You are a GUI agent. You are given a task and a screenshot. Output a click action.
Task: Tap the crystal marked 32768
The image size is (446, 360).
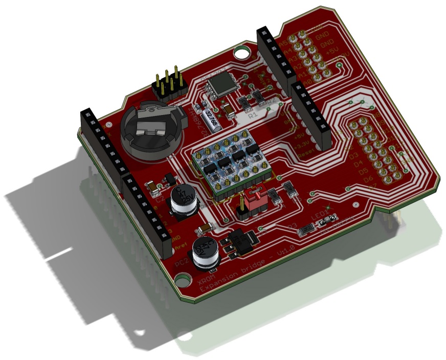210,118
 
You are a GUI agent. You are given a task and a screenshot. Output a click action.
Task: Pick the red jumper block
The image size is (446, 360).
253,199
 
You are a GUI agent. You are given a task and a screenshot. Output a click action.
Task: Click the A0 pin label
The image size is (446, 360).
293,81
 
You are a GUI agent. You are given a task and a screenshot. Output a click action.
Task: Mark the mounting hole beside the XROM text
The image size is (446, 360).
180,279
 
